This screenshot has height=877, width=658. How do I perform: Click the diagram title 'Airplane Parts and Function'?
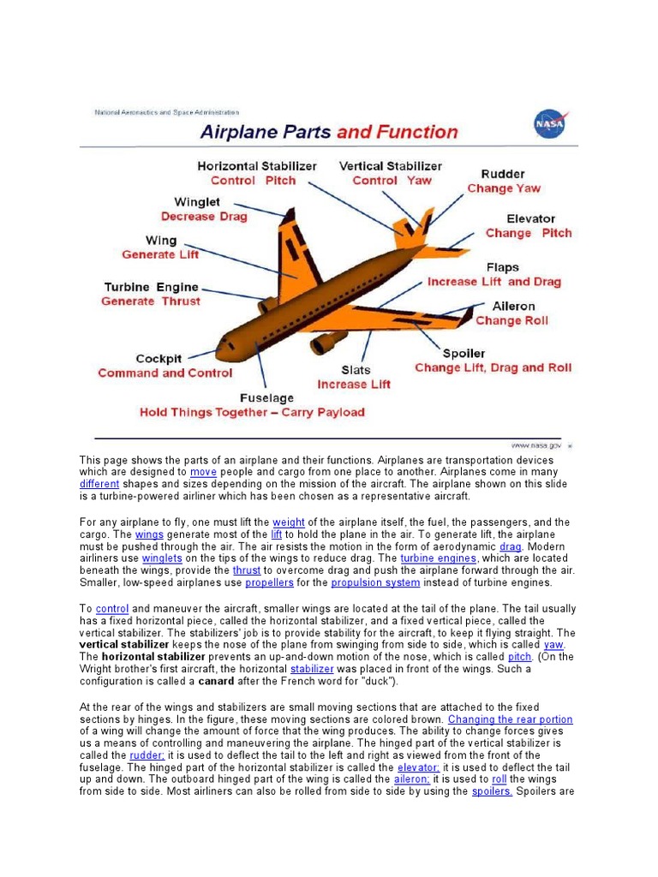point(329,132)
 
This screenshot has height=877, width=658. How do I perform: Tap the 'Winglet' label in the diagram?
point(197,202)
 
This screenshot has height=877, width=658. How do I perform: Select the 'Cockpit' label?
point(159,359)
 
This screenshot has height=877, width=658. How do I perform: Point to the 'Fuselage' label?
point(266,398)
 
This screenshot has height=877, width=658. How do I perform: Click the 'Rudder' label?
point(503,174)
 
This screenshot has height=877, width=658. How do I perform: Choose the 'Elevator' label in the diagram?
point(530,218)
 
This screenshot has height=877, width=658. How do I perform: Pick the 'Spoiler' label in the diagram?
point(464,353)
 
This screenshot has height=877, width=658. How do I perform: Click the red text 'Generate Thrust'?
point(151,301)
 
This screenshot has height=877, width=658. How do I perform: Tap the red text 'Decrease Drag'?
point(204,217)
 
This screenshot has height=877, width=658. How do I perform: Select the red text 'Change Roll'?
point(511,320)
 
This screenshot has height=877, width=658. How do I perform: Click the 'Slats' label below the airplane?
point(356,370)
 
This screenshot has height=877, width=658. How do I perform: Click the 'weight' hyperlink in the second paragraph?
point(289,522)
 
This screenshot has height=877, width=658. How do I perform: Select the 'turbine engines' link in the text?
point(438,558)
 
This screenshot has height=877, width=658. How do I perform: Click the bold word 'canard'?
point(216,681)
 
